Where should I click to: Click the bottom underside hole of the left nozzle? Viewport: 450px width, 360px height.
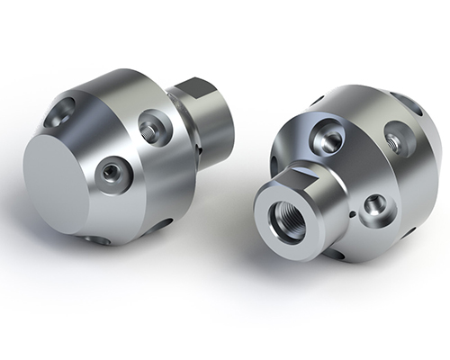click(x=97, y=239)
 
